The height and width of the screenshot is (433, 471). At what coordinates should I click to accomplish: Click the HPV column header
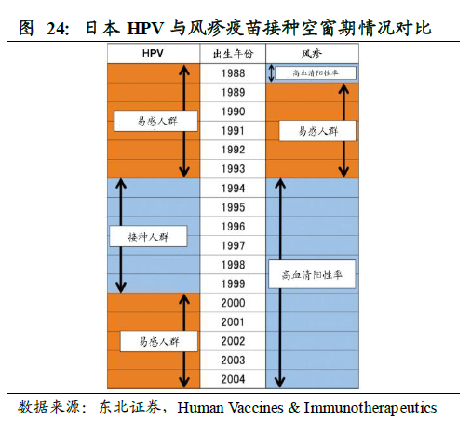[x=153, y=53]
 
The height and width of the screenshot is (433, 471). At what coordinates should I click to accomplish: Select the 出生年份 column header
[x=233, y=54]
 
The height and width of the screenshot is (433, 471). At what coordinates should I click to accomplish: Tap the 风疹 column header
[x=312, y=54]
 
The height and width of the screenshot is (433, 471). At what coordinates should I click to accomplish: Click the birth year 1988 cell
[x=233, y=73]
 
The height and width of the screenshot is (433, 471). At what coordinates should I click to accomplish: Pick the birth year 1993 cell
[x=233, y=169]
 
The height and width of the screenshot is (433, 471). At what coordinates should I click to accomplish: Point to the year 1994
[x=233, y=188]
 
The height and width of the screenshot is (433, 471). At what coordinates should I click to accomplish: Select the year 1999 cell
[x=233, y=283]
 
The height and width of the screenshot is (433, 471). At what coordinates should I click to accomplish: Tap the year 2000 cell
[x=233, y=303]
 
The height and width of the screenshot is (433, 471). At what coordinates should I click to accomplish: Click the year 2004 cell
[x=233, y=379]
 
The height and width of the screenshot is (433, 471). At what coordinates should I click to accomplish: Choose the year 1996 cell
[x=233, y=227]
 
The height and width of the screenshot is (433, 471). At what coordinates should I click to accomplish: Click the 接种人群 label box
[x=148, y=236]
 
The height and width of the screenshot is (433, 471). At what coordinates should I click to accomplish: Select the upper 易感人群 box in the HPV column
[x=155, y=121]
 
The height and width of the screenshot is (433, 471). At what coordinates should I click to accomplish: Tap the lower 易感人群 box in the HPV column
[x=159, y=341]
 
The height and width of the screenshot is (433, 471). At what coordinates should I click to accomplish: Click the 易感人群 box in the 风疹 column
[x=317, y=131]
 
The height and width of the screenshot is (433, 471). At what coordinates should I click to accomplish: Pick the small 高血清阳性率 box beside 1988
[x=316, y=73]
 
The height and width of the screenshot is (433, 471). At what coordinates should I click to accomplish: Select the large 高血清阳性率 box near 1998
[x=312, y=274]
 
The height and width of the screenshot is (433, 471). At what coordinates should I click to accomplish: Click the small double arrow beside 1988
[x=271, y=73]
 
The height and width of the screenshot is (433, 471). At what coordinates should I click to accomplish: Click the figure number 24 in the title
[x=57, y=29]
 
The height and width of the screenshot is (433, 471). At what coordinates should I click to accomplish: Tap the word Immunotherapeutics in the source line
[x=370, y=408]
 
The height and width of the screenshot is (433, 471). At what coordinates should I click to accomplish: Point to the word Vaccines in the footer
[x=256, y=408]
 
